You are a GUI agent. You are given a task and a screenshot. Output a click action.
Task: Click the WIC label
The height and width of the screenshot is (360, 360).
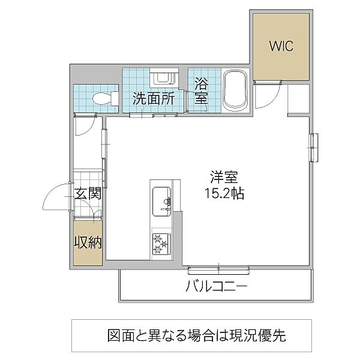coord(280,46)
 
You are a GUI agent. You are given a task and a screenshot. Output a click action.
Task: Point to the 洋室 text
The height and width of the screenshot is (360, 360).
coord(224,178)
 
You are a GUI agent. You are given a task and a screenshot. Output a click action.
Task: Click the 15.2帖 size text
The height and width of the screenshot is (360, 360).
coord(224,194)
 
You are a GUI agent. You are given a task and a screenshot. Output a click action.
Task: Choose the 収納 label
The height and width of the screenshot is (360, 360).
coord(88,242)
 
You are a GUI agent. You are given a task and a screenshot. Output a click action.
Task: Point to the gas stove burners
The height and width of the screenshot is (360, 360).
coord(161,244)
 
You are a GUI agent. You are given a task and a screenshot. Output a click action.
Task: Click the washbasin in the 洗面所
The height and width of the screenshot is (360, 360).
coord(163,79)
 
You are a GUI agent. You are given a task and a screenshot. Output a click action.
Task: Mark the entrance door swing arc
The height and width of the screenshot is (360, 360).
coord(55,195)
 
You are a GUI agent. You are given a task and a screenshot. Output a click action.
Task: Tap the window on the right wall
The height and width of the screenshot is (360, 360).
coord(313,147)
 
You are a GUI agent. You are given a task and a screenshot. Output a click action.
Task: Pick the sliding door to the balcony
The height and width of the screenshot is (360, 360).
coord(219,266)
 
